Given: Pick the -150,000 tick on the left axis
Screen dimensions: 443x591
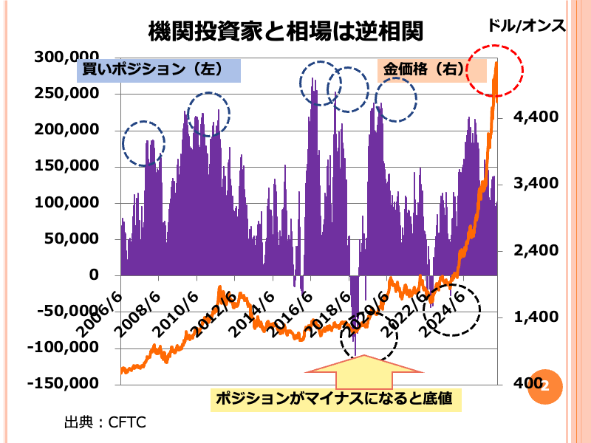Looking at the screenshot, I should pos(64,383).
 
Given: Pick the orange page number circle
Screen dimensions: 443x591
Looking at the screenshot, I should pos(545,386).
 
